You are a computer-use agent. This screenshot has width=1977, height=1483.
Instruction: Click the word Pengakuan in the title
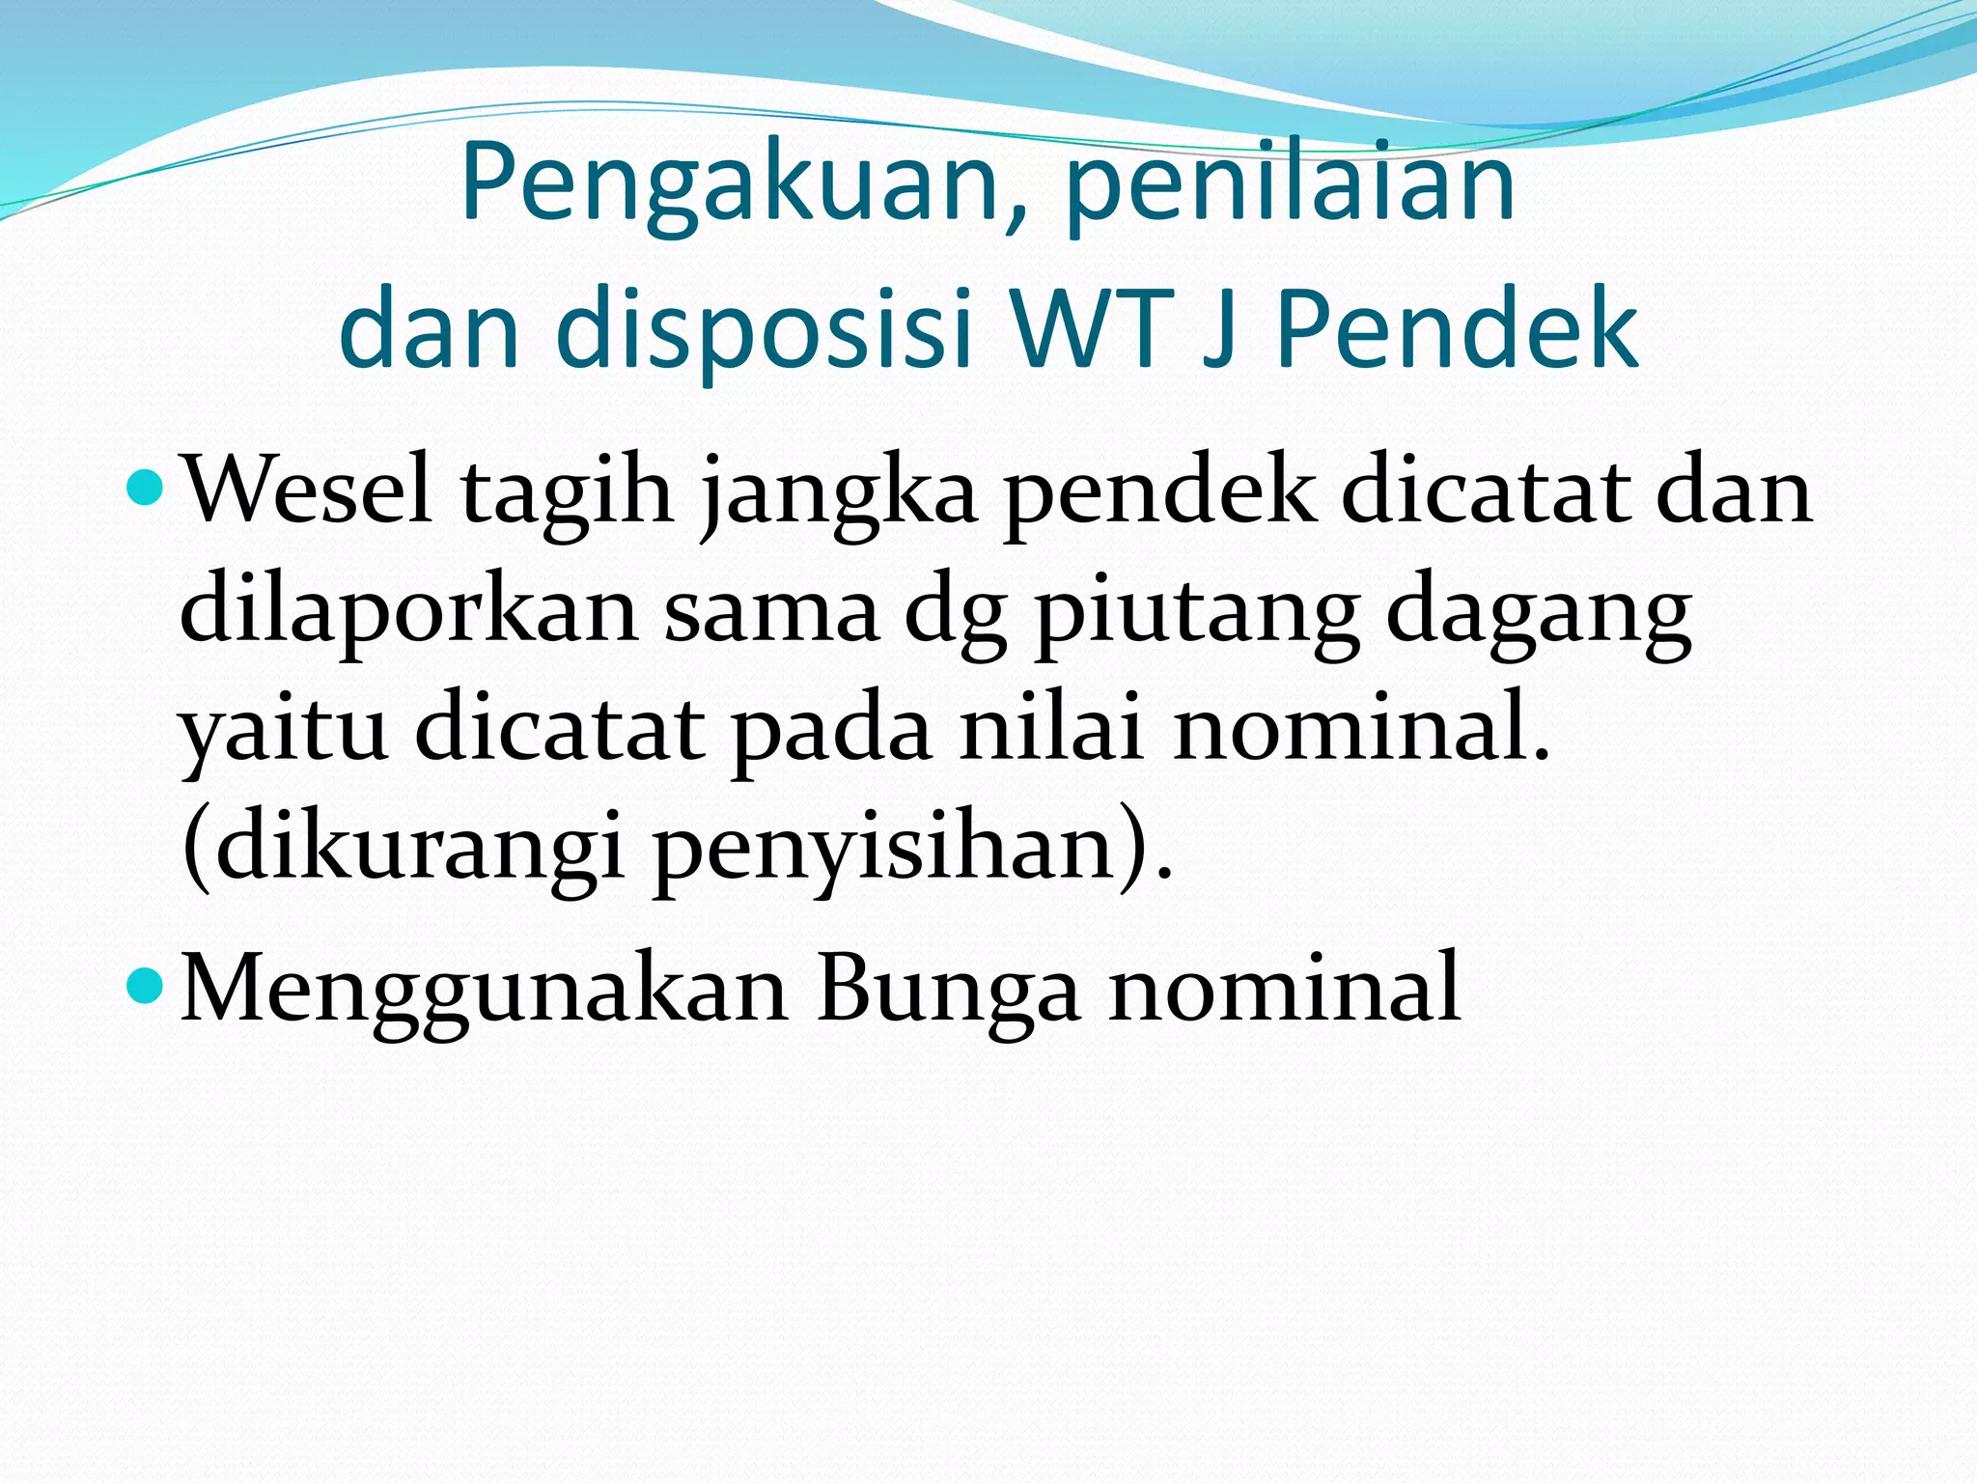click(x=734, y=183)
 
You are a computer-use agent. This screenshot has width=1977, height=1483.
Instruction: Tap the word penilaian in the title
click(x=1290, y=183)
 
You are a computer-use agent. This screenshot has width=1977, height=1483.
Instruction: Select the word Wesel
click(x=307, y=492)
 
